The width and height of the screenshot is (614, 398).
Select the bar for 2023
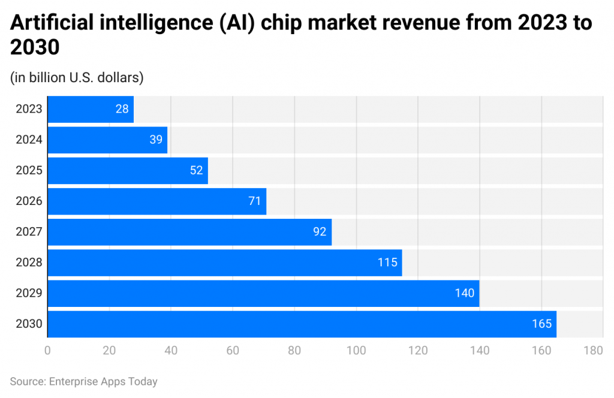click(x=90, y=109)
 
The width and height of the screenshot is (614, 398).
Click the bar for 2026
click(x=156, y=201)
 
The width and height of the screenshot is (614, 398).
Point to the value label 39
click(x=156, y=140)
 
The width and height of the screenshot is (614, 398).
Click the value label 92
click(x=320, y=232)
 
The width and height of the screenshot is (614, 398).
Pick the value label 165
click(x=541, y=324)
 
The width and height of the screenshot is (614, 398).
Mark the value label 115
click(x=387, y=263)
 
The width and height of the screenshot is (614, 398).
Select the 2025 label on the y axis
click(x=29, y=170)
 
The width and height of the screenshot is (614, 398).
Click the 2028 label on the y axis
click(x=29, y=263)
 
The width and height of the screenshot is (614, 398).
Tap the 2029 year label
click(x=29, y=293)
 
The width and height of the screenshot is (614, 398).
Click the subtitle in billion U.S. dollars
click(x=77, y=77)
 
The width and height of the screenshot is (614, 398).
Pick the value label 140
click(x=464, y=293)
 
